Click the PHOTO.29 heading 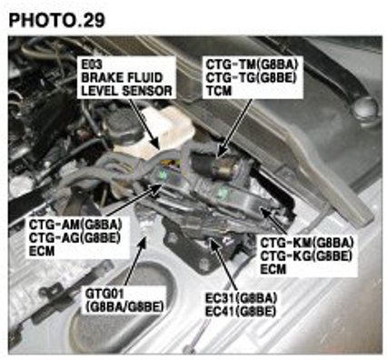point(57,20)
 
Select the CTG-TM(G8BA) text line point(252,65)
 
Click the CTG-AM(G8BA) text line point(75,225)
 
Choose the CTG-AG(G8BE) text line point(74,238)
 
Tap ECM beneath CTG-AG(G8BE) point(42,251)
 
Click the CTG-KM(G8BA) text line point(307,243)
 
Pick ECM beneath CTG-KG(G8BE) point(273,269)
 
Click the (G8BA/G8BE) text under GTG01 point(124,306)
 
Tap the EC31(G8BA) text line point(241,298)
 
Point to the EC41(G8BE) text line point(241,312)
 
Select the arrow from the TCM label point(234,127)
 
